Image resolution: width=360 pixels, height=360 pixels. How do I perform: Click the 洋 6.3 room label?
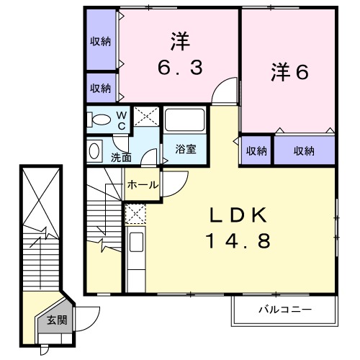point(180,55)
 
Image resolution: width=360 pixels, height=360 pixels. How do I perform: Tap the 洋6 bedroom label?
point(289,73)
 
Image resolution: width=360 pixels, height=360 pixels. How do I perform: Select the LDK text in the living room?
point(240,215)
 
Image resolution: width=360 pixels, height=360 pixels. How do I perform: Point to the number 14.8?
point(240,241)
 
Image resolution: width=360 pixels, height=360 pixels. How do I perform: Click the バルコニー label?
point(285,310)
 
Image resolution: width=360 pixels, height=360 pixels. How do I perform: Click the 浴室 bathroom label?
point(186,150)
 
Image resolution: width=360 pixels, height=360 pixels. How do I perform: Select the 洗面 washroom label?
point(121,156)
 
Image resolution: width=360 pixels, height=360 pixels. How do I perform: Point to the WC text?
point(122,120)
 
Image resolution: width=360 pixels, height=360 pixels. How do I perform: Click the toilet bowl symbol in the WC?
point(102,120)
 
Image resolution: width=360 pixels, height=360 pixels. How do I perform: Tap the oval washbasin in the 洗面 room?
point(95,151)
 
